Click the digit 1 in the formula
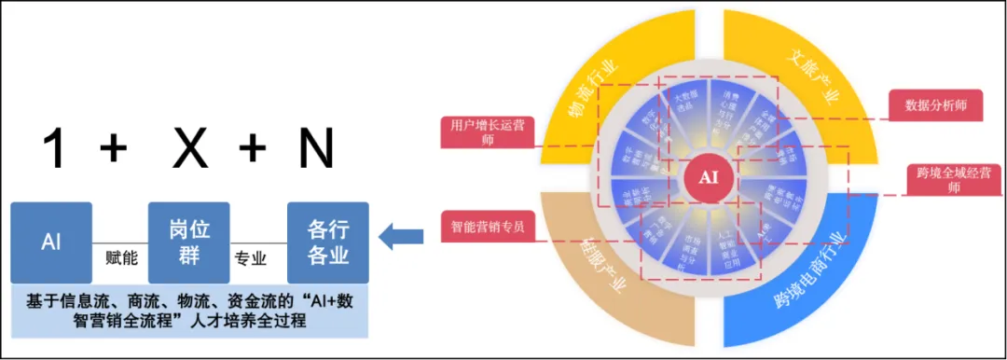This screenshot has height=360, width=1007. click(x=55, y=148)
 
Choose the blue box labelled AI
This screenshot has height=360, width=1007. click(x=51, y=242)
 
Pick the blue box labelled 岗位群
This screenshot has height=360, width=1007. click(x=188, y=242)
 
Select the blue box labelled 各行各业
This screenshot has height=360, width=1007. click(x=327, y=242)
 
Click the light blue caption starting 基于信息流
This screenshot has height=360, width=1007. click(x=189, y=312)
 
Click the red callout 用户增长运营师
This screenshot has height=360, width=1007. click(x=487, y=132)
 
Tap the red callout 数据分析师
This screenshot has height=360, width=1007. click(x=935, y=105)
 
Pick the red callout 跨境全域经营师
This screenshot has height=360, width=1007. click(x=950, y=180)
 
